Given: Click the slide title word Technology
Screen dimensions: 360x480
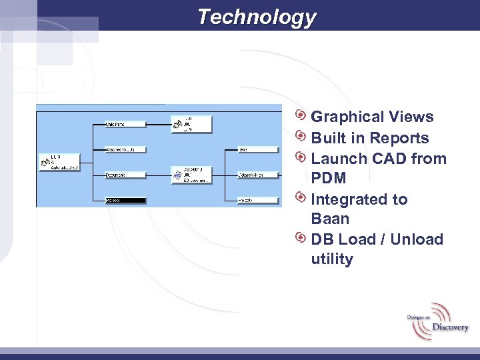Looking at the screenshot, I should click(257, 17).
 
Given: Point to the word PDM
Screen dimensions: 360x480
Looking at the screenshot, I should click(329, 178).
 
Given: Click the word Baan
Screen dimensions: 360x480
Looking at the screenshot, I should click(330, 219).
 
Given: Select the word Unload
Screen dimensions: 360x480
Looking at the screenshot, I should click(417, 239).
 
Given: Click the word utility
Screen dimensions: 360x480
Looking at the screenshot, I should click(332, 259).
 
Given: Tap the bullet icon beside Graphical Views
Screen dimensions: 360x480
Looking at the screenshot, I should click(301, 116).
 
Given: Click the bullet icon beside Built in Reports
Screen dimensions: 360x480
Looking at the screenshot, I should click(301, 137).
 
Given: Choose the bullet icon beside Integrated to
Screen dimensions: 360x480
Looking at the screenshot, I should click(301, 198).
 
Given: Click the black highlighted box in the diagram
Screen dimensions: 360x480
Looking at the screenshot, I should click(125, 199).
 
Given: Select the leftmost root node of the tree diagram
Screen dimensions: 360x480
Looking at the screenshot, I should click(59, 162).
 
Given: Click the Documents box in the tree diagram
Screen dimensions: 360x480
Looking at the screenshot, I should click(125, 175).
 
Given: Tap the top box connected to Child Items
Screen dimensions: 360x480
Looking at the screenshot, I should click(191, 123).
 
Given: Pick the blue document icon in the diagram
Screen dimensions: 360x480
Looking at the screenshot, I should click(178, 175).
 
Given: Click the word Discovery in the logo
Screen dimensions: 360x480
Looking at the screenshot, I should click(450, 327).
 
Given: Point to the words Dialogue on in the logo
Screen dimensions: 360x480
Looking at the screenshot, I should click(419, 318).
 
